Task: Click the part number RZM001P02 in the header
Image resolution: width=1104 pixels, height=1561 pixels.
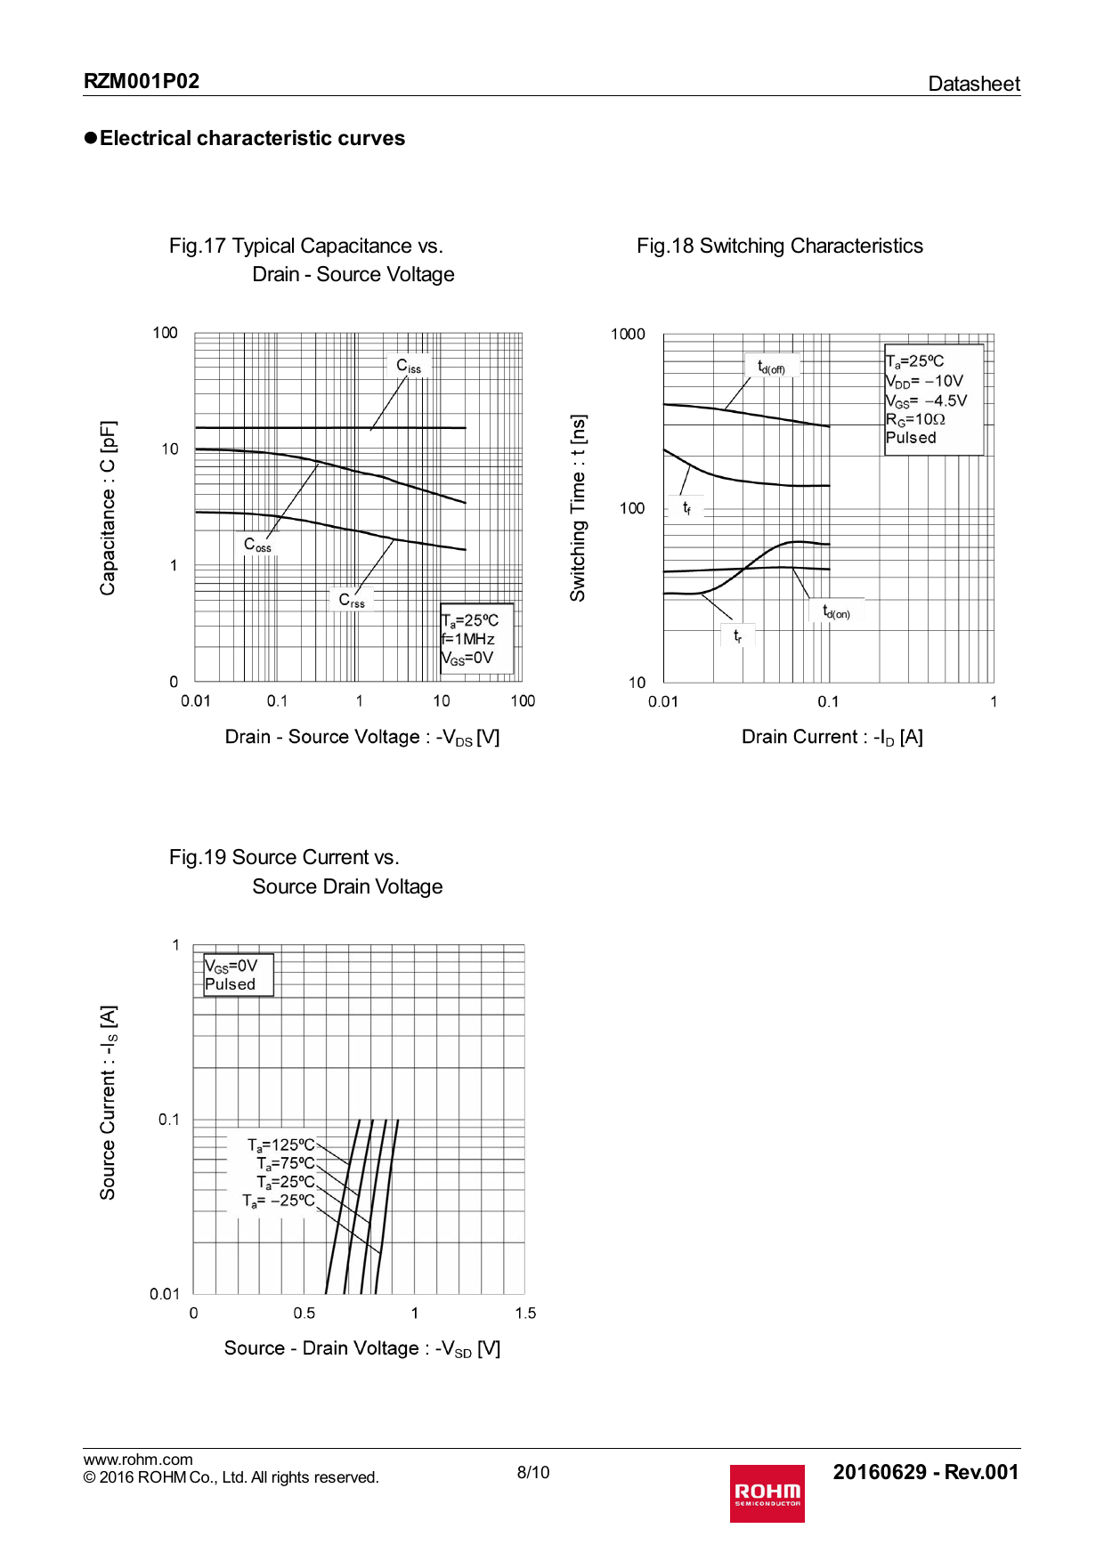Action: pyautogui.click(x=142, y=81)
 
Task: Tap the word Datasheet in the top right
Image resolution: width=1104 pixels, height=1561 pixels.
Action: pyautogui.click(x=973, y=84)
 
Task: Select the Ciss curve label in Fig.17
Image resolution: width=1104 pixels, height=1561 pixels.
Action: pyautogui.click(x=409, y=366)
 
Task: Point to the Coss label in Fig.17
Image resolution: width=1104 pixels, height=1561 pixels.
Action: pyautogui.click(x=257, y=544)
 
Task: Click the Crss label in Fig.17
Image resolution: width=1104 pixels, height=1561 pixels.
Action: pyautogui.click(x=352, y=600)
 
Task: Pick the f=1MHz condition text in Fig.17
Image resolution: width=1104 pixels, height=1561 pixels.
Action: pyautogui.click(x=468, y=639)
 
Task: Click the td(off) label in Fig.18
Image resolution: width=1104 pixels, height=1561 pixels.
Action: pyautogui.click(x=771, y=367)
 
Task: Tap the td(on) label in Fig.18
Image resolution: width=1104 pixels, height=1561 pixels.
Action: pyautogui.click(x=836, y=611)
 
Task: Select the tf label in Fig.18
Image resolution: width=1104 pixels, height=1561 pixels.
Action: pyautogui.click(x=686, y=507)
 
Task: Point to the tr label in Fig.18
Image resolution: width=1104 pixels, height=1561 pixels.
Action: pyautogui.click(x=737, y=635)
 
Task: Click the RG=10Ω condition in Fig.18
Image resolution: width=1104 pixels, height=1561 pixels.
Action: pyautogui.click(x=915, y=419)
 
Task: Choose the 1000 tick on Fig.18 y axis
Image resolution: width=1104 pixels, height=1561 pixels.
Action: pyautogui.click(x=628, y=335)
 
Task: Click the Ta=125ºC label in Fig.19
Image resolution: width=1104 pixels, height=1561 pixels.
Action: pyautogui.click(x=280, y=1145)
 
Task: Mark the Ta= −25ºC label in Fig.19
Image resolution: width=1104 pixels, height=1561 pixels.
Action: pyautogui.click(x=278, y=1201)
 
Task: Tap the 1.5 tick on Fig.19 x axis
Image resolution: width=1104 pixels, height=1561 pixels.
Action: pyautogui.click(x=525, y=1313)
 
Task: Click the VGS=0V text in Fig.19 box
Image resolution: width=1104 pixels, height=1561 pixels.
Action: pyautogui.click(x=231, y=967)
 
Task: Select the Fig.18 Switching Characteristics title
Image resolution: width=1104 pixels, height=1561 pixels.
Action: pyautogui.click(x=780, y=247)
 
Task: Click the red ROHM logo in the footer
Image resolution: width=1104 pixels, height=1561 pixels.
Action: pyautogui.click(x=767, y=1492)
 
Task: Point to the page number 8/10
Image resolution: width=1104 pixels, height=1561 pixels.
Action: pyautogui.click(x=533, y=1472)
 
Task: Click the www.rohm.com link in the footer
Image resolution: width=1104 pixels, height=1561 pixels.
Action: pyautogui.click(x=138, y=1460)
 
